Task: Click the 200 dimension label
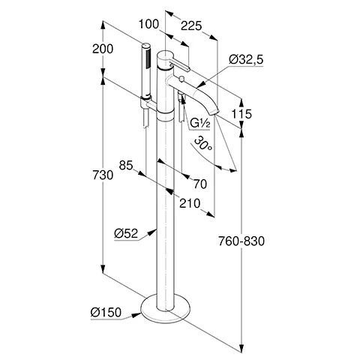click(x=103, y=49)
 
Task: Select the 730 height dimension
click(x=103, y=175)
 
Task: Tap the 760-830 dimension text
click(x=241, y=241)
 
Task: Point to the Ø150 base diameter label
click(x=106, y=312)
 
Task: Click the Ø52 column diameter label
click(x=126, y=233)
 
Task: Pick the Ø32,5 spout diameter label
click(x=246, y=60)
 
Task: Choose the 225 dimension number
click(x=191, y=25)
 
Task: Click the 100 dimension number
click(x=148, y=24)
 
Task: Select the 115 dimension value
click(x=241, y=114)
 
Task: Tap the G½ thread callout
click(x=199, y=123)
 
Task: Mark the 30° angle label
click(x=203, y=143)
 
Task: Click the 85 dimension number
click(x=126, y=165)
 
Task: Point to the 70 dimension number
click(x=200, y=184)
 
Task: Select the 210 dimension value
click(x=190, y=203)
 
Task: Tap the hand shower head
click(x=146, y=70)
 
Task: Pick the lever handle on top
click(x=179, y=64)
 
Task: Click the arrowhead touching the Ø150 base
click(x=136, y=315)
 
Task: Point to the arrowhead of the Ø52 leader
click(x=152, y=232)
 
